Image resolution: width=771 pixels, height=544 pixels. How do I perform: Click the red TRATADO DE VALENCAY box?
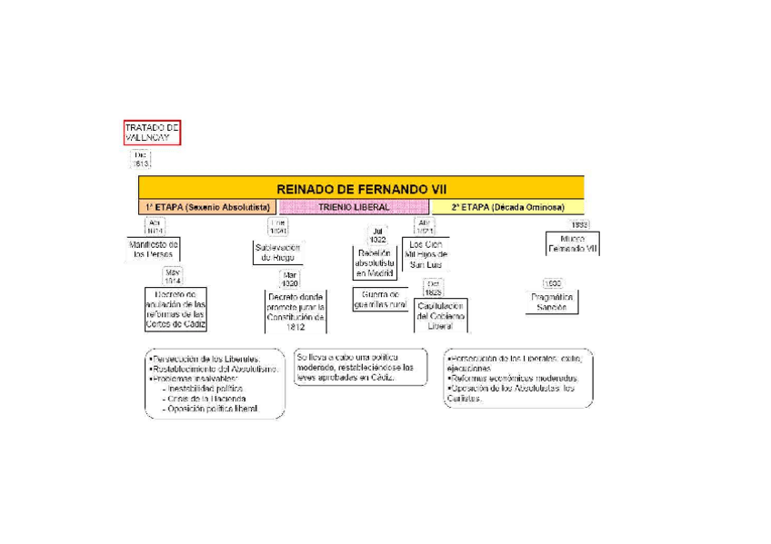coord(153,132)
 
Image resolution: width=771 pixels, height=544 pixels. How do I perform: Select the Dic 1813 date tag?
coord(141,161)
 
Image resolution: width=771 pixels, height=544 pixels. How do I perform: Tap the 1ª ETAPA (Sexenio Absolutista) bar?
coord(207,207)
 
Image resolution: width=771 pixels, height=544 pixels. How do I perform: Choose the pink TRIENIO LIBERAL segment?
coord(354,207)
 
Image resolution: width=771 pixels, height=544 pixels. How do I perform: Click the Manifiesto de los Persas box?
coord(153,250)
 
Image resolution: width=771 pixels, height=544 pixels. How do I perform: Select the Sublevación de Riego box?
coord(277,252)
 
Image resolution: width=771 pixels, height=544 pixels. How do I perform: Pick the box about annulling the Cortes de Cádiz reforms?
coord(175,310)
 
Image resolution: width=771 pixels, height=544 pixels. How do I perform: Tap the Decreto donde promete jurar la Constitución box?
coord(295,312)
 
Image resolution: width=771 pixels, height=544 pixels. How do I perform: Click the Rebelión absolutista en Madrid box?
coord(374,263)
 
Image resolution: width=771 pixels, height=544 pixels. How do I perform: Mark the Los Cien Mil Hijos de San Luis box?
coord(426,254)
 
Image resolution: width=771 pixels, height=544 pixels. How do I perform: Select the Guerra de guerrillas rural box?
coord(379,300)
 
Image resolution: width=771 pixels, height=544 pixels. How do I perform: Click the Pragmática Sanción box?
coord(551,302)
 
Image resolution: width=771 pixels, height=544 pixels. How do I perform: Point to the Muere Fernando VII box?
coord(572,243)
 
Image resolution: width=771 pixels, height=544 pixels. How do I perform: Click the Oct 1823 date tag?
coord(434,288)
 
